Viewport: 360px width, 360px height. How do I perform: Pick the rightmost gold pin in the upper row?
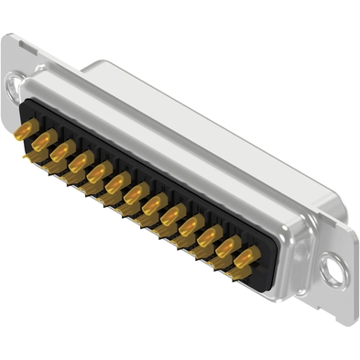tap(245, 257)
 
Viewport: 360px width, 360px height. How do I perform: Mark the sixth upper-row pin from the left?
tap(117, 182)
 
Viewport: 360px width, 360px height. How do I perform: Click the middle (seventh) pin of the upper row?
tap(136, 193)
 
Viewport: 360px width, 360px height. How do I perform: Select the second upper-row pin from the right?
tap(227, 247)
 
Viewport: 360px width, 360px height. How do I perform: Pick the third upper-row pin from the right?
tap(209, 236)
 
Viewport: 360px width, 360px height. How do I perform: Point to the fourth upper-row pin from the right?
tap(191, 225)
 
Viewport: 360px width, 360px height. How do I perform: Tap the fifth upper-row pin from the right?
tap(172, 214)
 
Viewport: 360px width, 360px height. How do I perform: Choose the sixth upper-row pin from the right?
tap(154, 203)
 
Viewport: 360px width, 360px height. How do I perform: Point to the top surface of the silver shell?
tap(211, 128)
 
